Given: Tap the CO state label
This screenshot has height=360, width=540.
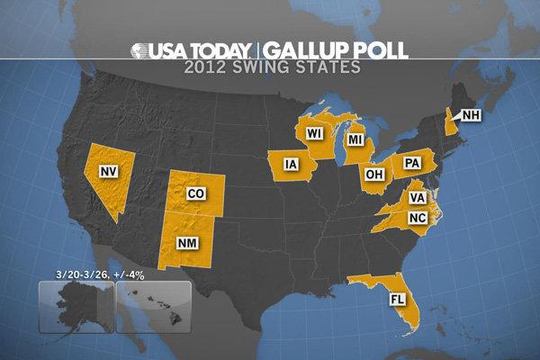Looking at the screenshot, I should [x=194, y=193].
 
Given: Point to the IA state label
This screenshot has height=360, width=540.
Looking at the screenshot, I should [x=290, y=164].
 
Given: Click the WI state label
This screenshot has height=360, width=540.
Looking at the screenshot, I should [x=314, y=133].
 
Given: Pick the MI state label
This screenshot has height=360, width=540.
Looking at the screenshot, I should [x=356, y=141].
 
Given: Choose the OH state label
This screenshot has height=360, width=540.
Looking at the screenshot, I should [x=373, y=173].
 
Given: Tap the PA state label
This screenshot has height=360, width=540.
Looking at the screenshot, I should [x=413, y=163].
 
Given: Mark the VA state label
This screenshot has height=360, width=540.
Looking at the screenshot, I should [x=417, y=198].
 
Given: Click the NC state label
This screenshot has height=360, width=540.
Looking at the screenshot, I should [x=416, y=218].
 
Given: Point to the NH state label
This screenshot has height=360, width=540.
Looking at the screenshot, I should [x=472, y=114].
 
